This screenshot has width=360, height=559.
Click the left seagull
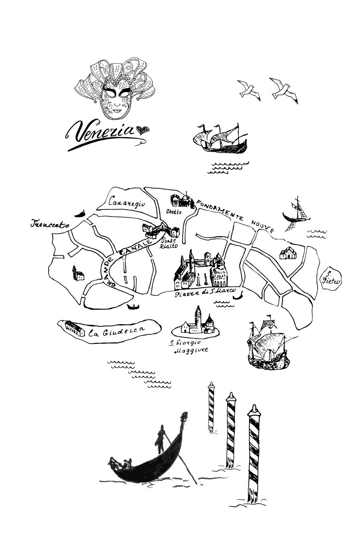[249, 90]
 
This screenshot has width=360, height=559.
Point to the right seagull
[283, 89]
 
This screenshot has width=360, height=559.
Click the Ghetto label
[174, 212]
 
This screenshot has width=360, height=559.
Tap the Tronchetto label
[50, 224]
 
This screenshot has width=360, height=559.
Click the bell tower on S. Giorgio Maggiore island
[198, 317]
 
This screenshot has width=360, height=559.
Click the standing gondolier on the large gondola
[161, 440]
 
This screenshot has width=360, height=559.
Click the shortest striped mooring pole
[210, 407]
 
